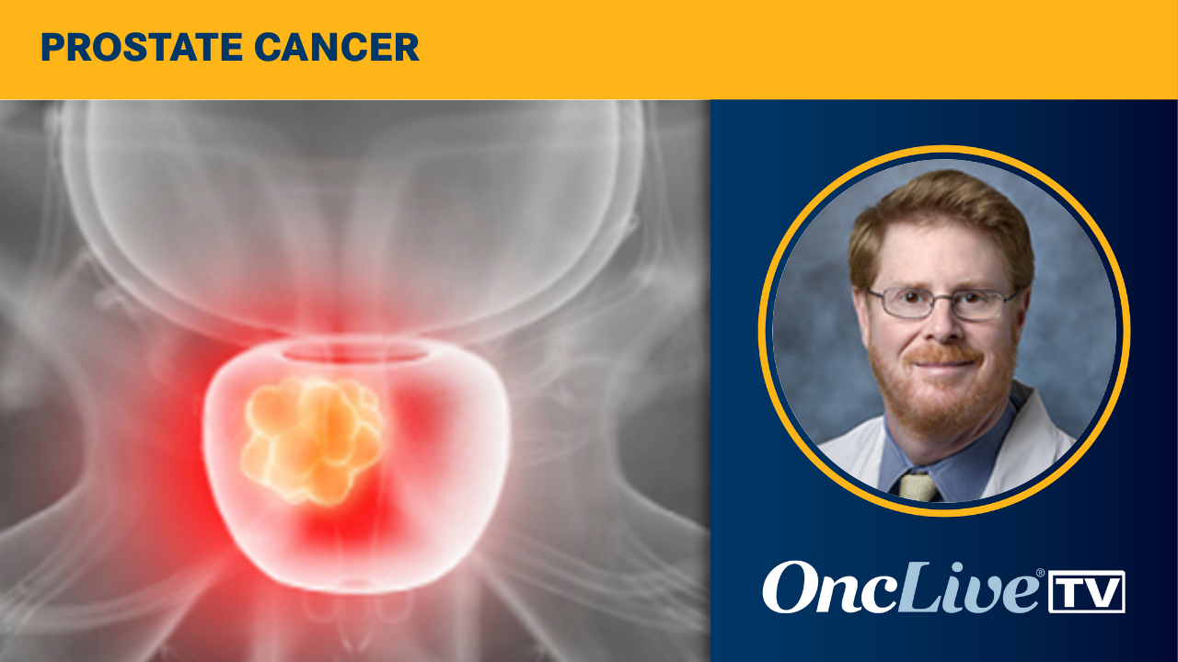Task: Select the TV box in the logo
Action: click(1087, 591)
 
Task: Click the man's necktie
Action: click(918, 486)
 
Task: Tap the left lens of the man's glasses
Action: click(897, 302)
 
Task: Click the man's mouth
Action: click(942, 361)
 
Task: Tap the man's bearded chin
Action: click(943, 395)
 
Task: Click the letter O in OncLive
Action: click(792, 588)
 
